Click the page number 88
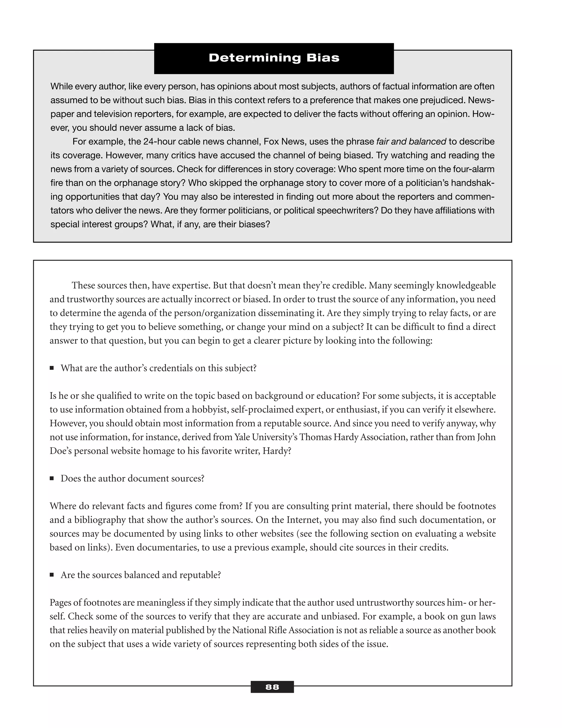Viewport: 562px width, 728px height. (x=272, y=687)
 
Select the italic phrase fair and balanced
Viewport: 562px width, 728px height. (x=411, y=142)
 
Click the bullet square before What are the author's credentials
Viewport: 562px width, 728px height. (x=52, y=368)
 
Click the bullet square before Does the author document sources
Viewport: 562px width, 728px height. (x=52, y=478)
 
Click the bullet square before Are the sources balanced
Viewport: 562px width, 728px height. (x=52, y=575)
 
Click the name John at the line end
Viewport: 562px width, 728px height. (x=486, y=437)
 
